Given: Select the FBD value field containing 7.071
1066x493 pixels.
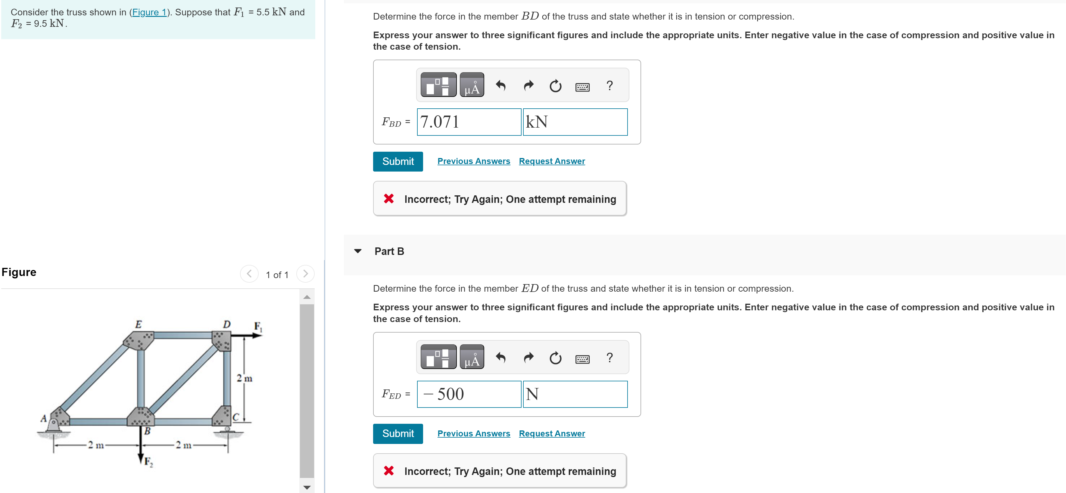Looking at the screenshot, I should pos(469,122).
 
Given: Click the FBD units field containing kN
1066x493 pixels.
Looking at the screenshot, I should pos(575,122).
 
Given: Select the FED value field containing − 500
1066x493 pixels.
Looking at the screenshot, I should pos(469,394).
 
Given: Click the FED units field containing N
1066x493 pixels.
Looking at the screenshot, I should pos(575,394).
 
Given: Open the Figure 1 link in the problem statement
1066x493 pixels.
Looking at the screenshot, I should pos(149,12).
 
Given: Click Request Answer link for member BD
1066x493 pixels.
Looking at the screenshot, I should pos(552,161).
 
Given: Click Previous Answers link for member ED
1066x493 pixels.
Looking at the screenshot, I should pos(473,433).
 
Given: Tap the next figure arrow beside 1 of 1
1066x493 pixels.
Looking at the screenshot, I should pos(305,274).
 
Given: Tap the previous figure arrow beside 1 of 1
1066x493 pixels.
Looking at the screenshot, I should pos(249,274).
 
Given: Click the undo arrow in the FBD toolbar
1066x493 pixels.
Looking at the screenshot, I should pos(501,85).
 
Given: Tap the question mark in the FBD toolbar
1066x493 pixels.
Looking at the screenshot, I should pos(609,85).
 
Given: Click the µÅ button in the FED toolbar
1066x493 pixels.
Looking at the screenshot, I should pos(472,357).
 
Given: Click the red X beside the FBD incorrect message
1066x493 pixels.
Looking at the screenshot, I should pos(388,199).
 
